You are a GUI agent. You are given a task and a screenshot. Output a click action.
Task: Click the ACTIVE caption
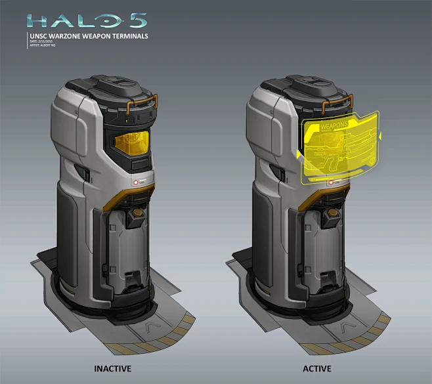[317, 368]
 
